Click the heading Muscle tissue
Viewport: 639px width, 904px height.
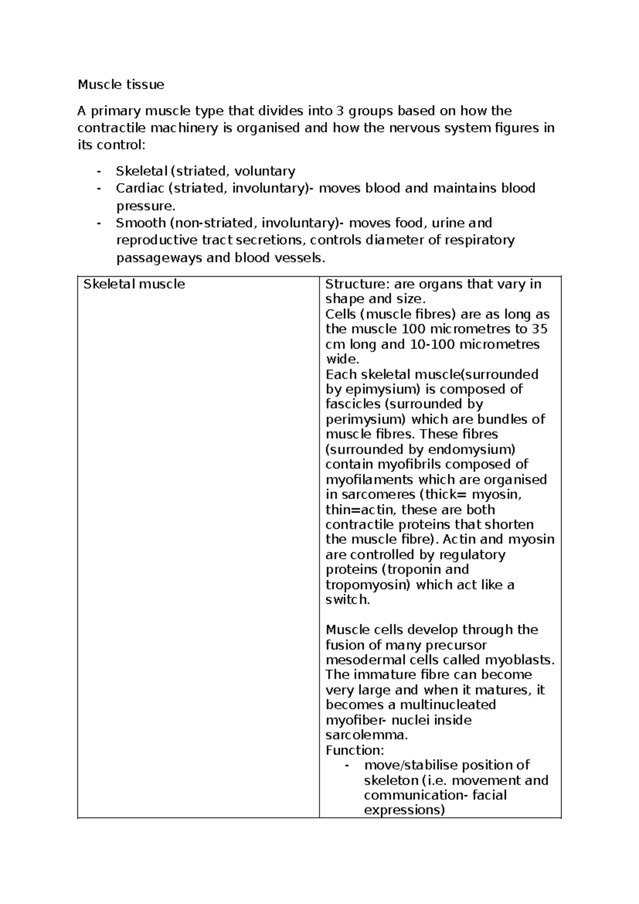click(x=121, y=84)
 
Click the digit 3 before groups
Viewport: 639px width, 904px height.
click(x=340, y=111)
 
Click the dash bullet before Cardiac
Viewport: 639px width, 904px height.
click(x=99, y=188)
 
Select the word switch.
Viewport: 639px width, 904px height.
click(x=347, y=600)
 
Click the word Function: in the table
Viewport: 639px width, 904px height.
click(x=354, y=750)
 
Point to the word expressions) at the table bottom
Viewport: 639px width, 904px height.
click(x=404, y=810)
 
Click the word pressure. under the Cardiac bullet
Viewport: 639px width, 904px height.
click(x=145, y=206)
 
